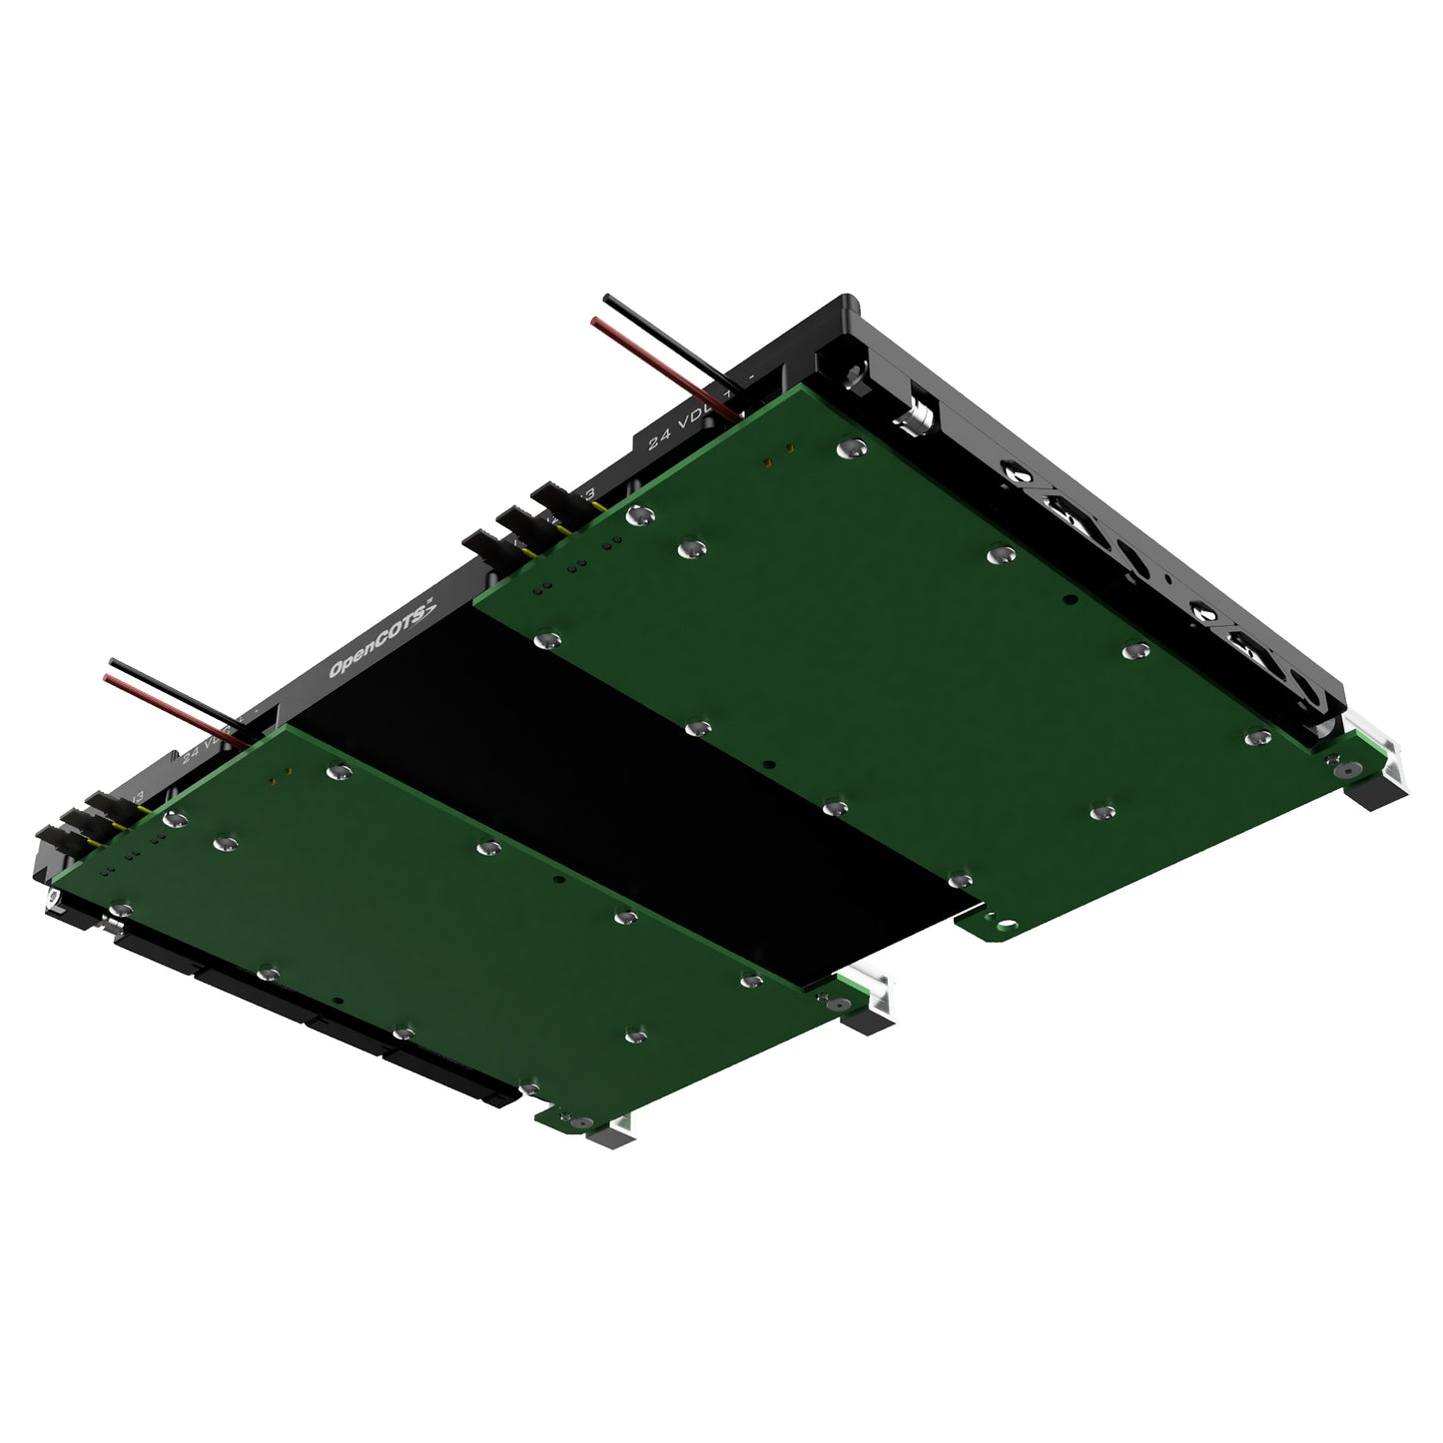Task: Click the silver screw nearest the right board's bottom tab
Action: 960,880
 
